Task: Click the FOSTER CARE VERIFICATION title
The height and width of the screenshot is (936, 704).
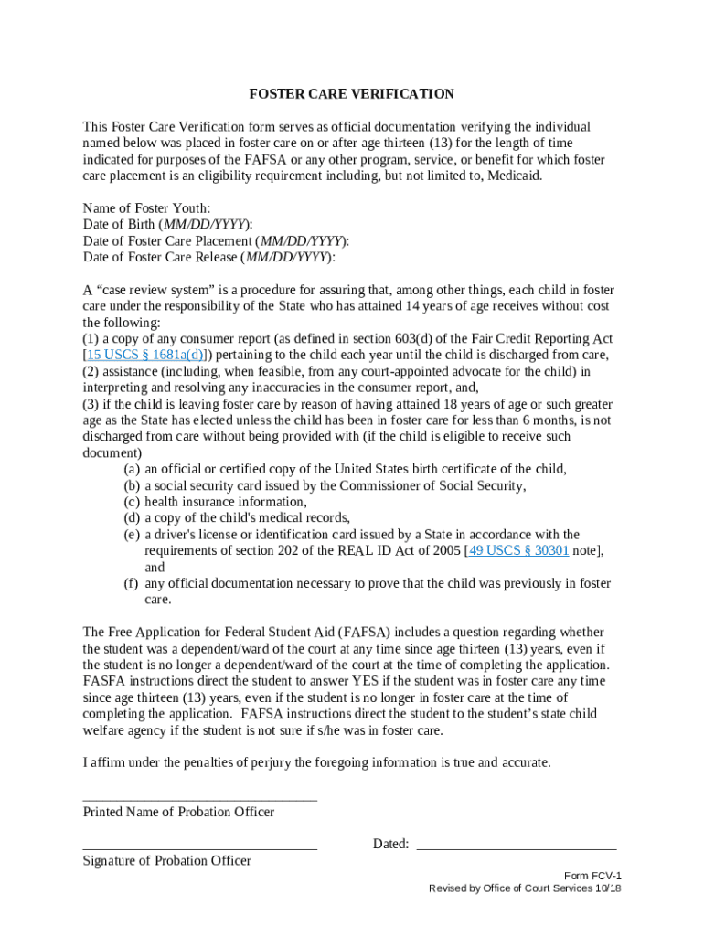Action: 352,94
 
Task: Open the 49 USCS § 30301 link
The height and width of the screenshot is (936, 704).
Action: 518,551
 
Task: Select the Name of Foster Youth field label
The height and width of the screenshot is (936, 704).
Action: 146,208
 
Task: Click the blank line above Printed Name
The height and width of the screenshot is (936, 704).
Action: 199,799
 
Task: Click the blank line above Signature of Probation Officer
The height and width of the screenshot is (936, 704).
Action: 199,848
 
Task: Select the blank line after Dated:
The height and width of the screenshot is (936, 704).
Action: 517,848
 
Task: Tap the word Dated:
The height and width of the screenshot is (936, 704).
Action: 390,845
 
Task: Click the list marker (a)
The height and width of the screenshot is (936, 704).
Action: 132,469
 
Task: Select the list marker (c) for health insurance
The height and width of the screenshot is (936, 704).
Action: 132,502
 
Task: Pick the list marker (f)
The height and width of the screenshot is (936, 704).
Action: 132,584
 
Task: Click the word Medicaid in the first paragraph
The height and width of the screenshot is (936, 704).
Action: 513,175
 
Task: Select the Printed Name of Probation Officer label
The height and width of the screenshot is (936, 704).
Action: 178,813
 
